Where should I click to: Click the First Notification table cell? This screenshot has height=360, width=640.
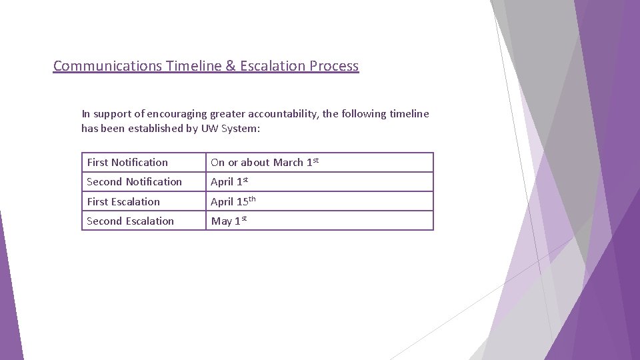127,162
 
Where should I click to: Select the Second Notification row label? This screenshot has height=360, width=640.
134,181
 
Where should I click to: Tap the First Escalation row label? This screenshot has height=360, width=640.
123,201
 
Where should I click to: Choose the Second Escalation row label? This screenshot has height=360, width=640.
130,221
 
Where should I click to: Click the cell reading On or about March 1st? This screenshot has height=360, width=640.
265,162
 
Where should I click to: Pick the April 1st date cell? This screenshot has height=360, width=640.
229,181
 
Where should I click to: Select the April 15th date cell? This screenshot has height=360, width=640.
233,201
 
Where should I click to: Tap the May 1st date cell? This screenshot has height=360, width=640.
229,221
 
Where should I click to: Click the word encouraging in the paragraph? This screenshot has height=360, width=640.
175,114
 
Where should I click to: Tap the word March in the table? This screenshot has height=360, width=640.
288,162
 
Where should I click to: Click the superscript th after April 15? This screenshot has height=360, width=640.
252,199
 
